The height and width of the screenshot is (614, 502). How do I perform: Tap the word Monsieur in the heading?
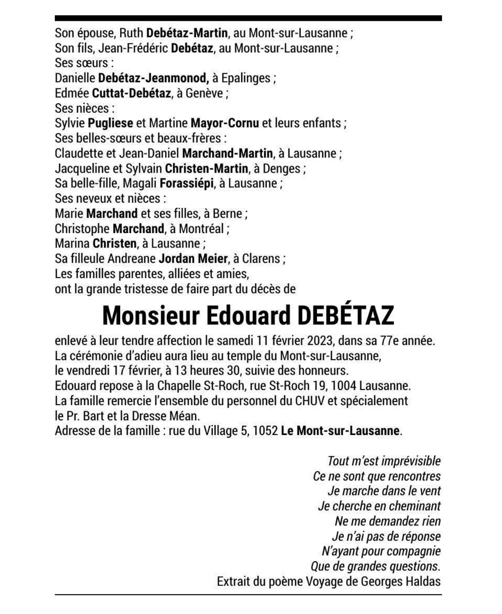(151, 316)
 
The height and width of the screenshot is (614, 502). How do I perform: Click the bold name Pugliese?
(110, 123)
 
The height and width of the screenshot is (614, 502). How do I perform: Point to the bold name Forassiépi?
(186, 184)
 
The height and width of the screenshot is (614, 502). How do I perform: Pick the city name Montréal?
(201, 229)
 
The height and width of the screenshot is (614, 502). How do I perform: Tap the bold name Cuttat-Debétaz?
(131, 93)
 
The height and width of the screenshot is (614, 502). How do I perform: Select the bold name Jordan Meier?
(193, 259)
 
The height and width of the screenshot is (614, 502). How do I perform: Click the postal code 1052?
(265, 431)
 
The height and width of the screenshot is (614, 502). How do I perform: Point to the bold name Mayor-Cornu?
(225, 123)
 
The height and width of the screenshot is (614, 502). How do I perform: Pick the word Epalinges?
(246, 78)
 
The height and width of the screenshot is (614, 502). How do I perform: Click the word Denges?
(282, 169)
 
